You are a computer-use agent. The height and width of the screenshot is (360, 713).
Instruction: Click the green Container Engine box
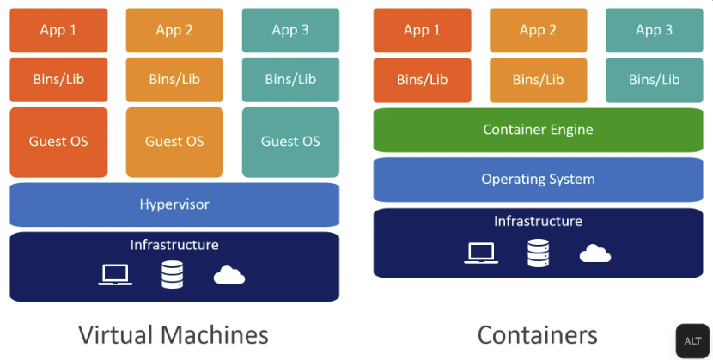538,130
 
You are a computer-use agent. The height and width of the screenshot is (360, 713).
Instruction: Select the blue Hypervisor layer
174,204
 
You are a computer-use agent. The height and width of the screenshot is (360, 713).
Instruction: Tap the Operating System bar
538,180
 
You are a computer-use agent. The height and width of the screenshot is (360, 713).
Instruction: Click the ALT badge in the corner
692,341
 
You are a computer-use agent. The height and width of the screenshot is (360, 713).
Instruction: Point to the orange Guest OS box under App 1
58,142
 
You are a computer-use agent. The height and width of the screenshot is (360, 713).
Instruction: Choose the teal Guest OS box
290,142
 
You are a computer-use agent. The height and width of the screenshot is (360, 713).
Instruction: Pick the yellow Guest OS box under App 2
174,142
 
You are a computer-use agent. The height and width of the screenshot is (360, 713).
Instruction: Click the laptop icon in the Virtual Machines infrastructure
115,274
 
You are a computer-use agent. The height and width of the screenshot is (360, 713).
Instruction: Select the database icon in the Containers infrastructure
539,253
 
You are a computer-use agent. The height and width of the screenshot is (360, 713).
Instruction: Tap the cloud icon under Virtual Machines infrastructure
229,275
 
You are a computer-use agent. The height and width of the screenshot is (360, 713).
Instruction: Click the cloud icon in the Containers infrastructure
595,253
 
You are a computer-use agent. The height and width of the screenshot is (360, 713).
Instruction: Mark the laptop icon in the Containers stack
481,253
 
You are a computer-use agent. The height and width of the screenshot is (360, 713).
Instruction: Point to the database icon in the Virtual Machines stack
172,274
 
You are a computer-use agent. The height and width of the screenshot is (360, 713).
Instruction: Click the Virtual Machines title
174,334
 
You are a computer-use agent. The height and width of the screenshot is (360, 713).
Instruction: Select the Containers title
538,334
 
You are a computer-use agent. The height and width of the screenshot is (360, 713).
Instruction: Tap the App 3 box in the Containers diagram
654,30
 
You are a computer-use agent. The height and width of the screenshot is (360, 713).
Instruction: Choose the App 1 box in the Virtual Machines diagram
58,30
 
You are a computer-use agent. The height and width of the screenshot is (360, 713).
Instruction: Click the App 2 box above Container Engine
538,30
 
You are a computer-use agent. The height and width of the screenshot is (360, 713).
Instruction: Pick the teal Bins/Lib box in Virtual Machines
290,79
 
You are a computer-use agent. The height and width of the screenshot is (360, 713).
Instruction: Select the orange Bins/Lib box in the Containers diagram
422,79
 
